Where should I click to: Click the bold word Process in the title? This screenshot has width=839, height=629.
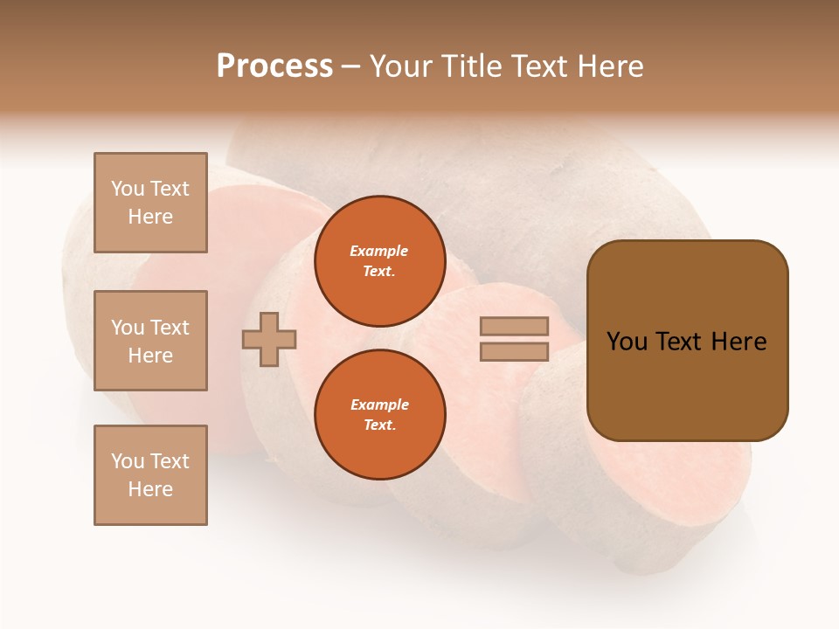(274, 66)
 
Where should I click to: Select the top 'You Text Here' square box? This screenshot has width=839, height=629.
(150, 203)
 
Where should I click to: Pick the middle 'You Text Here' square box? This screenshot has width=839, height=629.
(150, 341)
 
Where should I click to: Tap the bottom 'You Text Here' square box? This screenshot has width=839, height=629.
(150, 475)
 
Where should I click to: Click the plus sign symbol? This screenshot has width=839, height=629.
(269, 339)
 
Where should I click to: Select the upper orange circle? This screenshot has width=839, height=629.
(379, 261)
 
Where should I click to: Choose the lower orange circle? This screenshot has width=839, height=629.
(379, 415)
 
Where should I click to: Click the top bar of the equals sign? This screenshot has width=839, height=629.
(514, 326)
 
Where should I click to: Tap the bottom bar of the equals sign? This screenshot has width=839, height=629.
(514, 351)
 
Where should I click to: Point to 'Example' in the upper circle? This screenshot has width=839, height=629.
(379, 251)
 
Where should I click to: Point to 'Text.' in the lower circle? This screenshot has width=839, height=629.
(379, 425)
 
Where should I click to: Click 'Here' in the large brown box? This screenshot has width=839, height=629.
(738, 342)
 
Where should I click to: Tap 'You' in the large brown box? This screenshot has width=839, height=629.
(628, 342)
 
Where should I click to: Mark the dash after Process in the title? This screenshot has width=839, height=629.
(350, 66)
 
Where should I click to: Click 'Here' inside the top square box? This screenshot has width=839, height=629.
(150, 217)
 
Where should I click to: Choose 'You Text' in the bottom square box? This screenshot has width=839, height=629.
(150, 461)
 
